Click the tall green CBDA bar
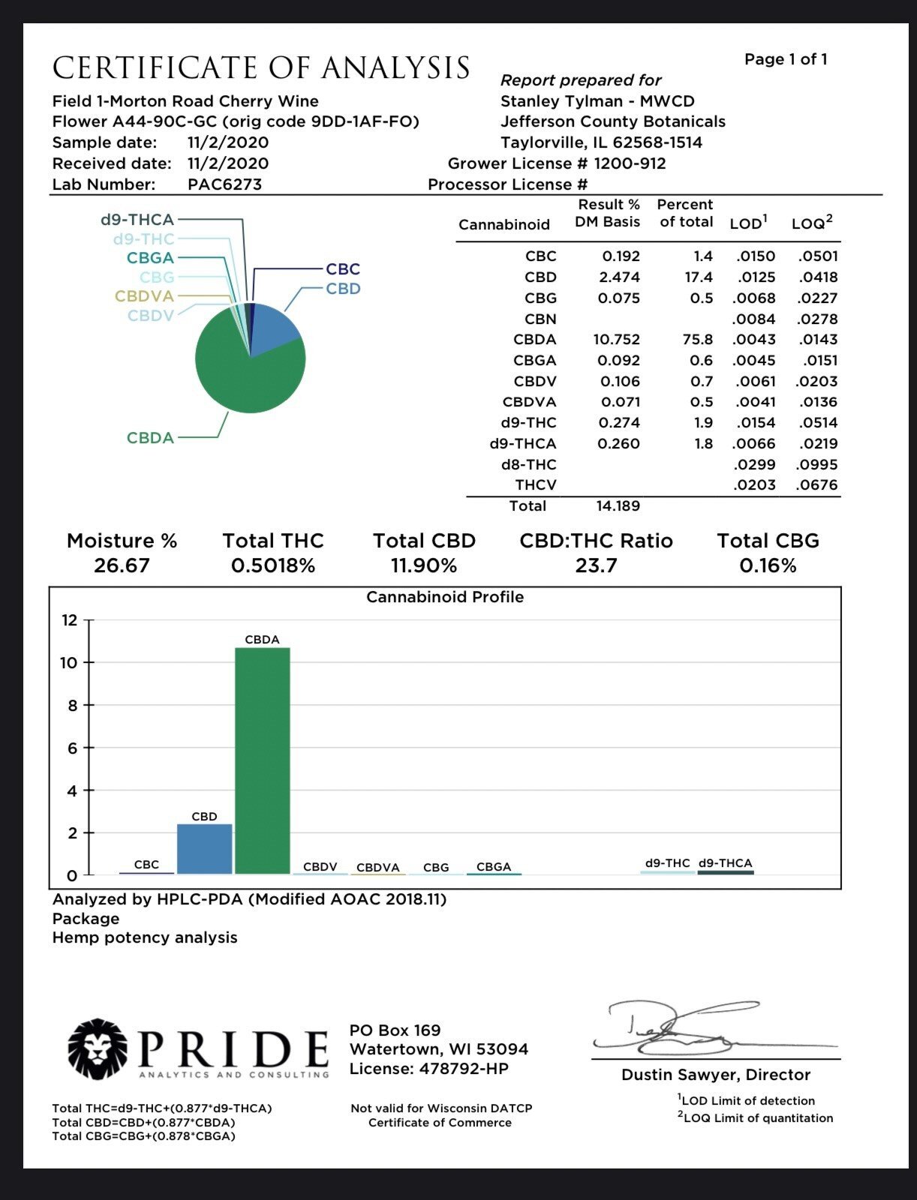tap(262, 760)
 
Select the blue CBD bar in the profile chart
tap(204, 849)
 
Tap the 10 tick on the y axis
tap(70, 663)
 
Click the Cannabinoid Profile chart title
tap(444, 598)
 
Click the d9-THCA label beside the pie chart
tap(137, 220)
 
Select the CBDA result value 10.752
tap(616, 340)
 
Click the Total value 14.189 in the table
tap(618, 506)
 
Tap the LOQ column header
tap(811, 223)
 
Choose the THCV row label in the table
tap(535, 485)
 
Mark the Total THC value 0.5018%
tap(272, 566)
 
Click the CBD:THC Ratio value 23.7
tap(596, 566)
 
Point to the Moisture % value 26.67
tap(122, 566)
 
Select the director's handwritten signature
tap(675, 1027)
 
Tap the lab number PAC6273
tap(224, 184)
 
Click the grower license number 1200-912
tap(630, 163)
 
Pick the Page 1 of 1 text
tap(786, 59)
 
